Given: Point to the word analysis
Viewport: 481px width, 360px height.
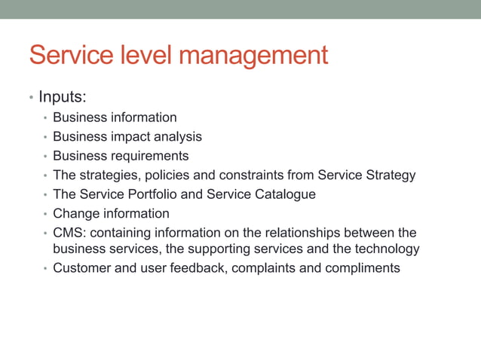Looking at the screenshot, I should (x=179, y=137).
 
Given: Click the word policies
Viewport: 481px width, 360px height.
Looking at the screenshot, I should (x=162, y=175).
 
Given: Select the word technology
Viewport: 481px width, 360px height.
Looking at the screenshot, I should (x=383, y=249).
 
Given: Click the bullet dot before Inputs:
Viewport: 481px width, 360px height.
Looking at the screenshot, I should (x=30, y=98).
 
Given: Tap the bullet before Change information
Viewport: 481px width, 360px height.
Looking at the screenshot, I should (x=45, y=215).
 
